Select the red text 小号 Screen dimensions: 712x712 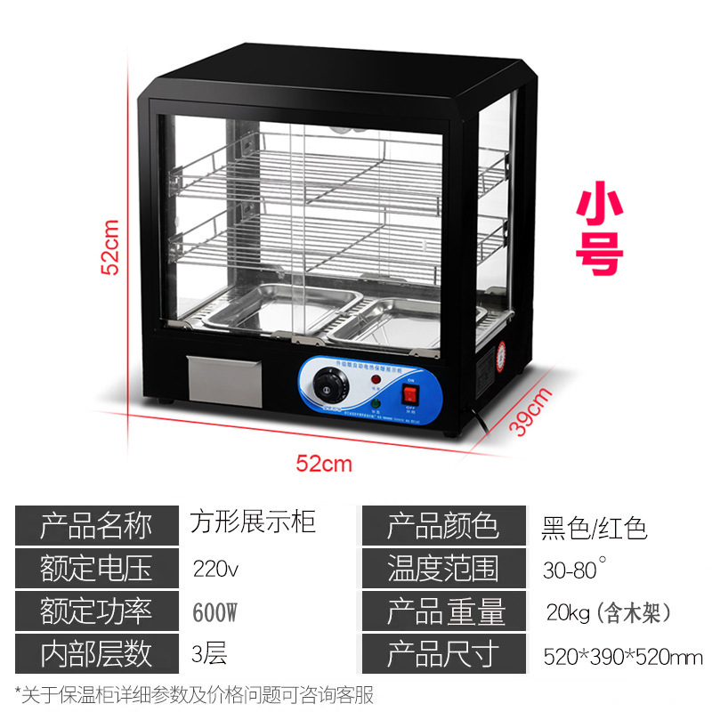pos(598,231)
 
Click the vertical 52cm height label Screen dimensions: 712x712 pos(109,248)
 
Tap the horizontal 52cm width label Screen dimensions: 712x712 pos(324,464)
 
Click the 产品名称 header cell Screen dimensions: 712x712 pos(96,525)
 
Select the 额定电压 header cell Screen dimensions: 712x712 pos(96,568)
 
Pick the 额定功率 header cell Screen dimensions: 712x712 pos(96,611)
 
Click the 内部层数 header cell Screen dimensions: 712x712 pos(96,653)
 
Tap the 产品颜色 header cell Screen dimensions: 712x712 pos(441,525)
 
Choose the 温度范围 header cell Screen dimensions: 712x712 pos(441,568)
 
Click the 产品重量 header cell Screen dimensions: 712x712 pos(441,611)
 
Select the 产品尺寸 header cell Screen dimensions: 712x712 pos(441,653)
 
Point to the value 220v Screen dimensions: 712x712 pos(216,568)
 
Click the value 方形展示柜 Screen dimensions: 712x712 pos(253,522)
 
